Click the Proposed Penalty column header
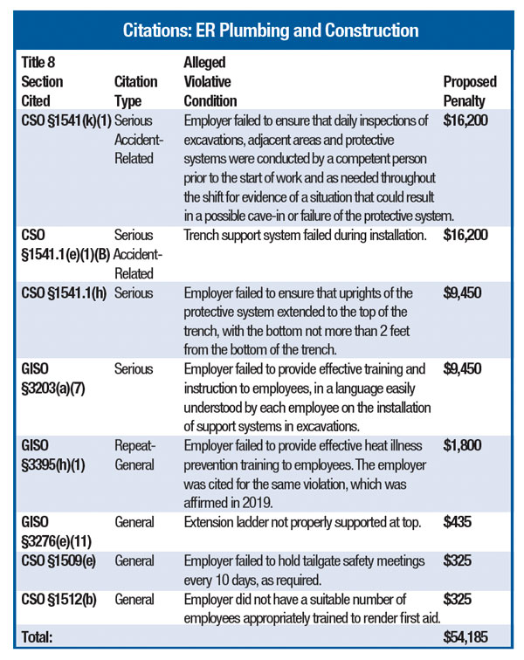tap(469, 90)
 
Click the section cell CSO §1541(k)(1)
tap(64, 120)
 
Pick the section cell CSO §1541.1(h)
tap(64, 292)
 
